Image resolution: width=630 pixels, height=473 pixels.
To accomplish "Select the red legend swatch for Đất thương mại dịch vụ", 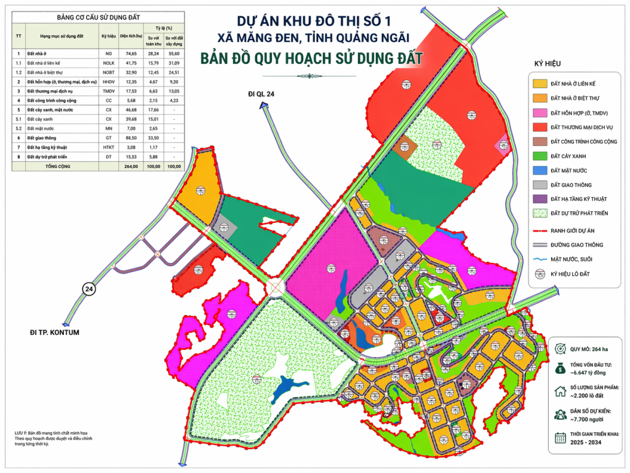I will point(540,127).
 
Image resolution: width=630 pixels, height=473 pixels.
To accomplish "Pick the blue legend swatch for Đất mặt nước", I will point(540,170).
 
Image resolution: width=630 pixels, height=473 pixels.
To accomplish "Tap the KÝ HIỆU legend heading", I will point(549,63).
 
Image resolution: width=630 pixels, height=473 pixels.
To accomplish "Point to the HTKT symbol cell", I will point(108,148).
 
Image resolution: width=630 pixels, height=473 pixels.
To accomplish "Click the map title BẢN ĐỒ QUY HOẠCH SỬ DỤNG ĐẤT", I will point(311,59).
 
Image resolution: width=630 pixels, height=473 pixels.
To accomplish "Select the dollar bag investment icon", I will point(560,368).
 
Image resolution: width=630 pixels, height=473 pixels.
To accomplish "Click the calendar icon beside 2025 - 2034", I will point(560,439).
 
